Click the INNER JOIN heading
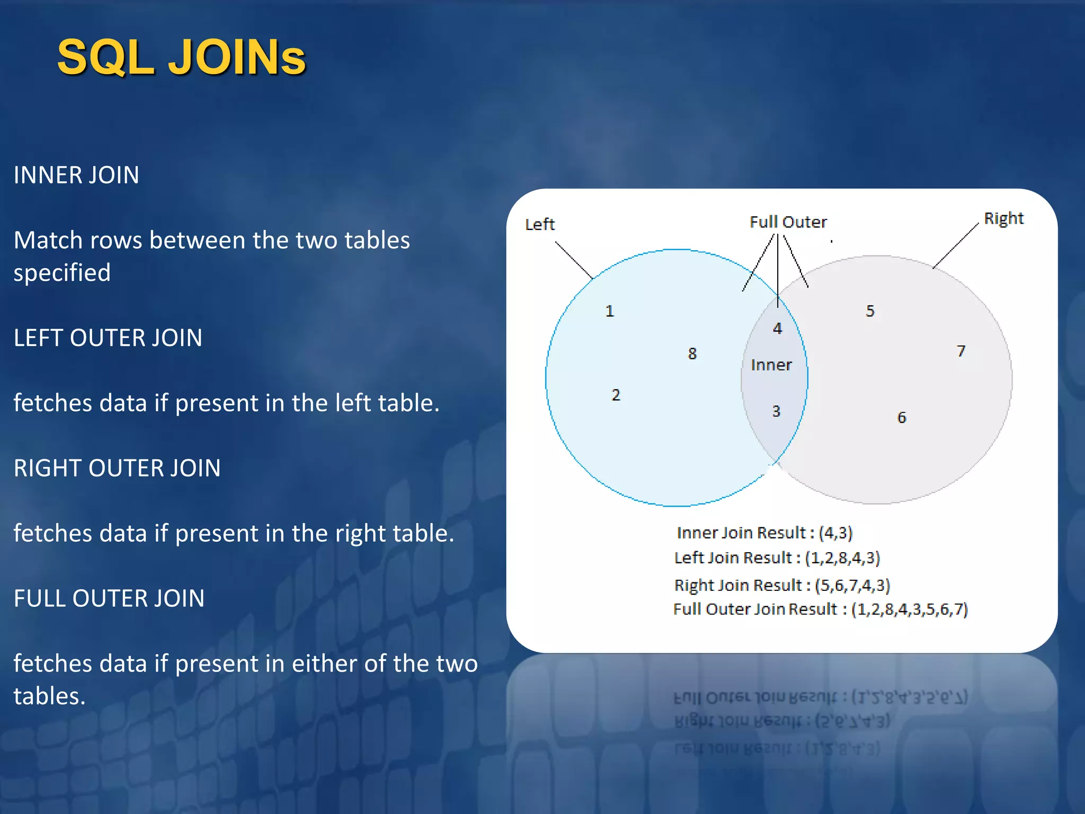click(76, 175)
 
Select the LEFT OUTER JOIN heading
click(108, 338)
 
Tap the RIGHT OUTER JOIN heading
click(117, 468)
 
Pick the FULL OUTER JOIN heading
click(109, 598)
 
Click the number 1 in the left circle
click(610, 311)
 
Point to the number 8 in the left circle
click(692, 353)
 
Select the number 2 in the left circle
click(616, 395)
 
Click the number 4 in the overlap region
click(777, 329)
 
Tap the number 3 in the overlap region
click(776, 411)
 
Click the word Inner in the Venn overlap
click(771, 365)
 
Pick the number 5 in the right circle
click(870, 311)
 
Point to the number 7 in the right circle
click(961, 351)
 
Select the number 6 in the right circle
click(902, 418)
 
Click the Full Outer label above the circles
click(788, 222)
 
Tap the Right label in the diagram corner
click(1003, 218)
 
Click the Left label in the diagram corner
click(539, 225)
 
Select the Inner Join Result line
click(764, 533)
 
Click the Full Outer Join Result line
click(820, 609)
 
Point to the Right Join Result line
click(782, 585)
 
